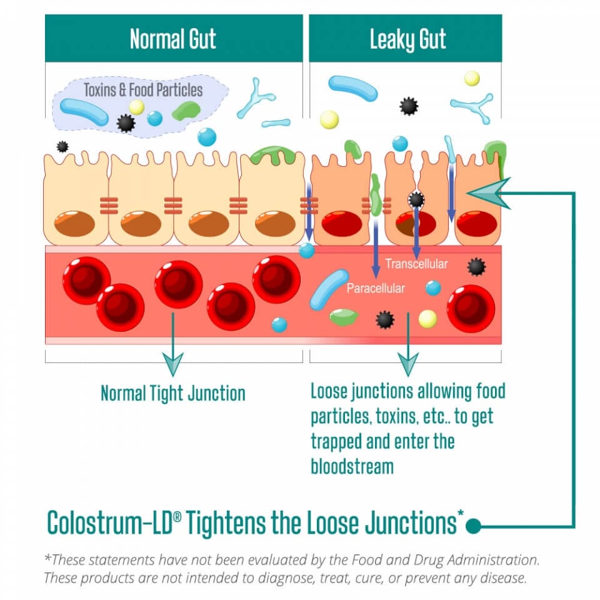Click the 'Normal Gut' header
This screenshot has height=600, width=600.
click(173, 39)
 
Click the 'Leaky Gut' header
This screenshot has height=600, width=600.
click(407, 39)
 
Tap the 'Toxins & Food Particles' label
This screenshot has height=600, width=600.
click(143, 89)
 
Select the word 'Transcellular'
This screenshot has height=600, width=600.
click(416, 264)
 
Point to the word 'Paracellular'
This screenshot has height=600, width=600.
click(376, 289)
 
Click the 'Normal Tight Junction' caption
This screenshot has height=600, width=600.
click(173, 393)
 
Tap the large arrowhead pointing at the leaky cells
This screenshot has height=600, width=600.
click(488, 193)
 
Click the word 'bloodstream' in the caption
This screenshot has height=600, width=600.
click(352, 466)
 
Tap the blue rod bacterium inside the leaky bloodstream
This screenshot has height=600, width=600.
click(329, 289)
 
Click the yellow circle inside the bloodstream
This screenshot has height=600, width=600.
click(427, 319)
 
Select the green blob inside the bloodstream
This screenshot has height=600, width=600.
click(344, 317)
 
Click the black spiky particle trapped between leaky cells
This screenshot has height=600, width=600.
click(416, 199)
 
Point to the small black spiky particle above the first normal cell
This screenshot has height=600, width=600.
click(62, 147)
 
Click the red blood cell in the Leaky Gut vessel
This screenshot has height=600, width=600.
click(471, 308)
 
